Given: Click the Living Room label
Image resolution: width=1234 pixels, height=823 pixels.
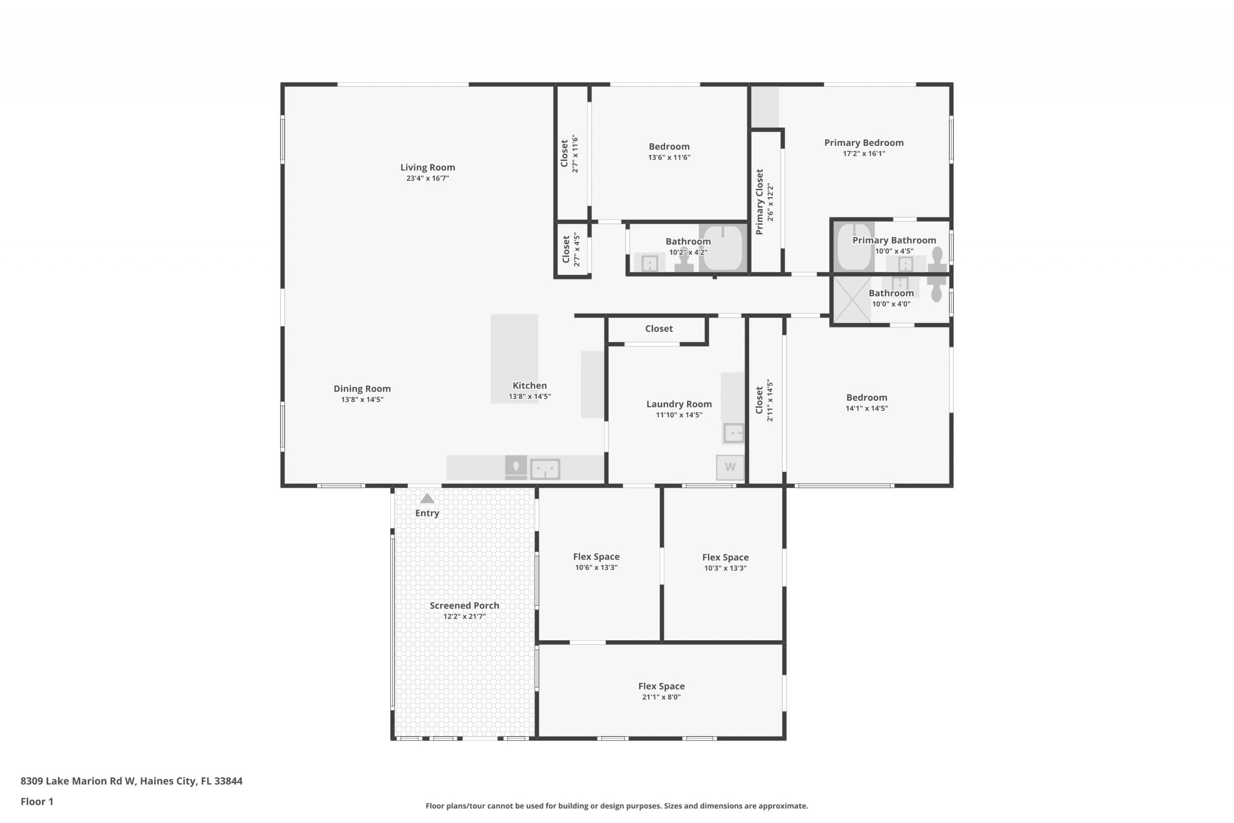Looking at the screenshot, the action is coord(428,167).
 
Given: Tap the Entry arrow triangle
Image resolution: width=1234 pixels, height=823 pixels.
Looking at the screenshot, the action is coord(427,498).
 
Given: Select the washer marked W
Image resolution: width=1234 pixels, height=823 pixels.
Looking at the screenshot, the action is coord(730,467).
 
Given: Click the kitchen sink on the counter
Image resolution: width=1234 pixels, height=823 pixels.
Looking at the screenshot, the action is coord(545,469).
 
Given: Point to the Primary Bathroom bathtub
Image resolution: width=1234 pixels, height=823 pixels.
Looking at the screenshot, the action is coord(855,246).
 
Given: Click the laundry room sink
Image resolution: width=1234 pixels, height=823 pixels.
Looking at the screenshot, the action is coord(734,433).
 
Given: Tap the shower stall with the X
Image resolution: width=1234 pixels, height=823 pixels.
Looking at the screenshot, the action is coord(852,299).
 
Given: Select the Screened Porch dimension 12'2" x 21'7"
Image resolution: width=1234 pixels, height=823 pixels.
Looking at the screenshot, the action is coord(464,616).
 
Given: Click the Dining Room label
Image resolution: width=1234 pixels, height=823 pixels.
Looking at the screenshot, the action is coord(362,389).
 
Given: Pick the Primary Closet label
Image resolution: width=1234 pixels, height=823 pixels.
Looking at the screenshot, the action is coord(759,202).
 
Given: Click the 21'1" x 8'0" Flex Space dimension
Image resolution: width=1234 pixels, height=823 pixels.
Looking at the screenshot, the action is coord(661,697).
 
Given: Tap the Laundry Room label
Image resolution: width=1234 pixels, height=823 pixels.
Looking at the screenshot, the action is coord(679,404).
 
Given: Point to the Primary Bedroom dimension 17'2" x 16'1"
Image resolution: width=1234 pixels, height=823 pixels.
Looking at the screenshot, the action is coord(864,154).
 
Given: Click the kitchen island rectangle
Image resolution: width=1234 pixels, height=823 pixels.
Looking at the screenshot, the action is coord(514,359).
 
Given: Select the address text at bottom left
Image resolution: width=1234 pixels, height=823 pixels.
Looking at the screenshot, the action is coord(131,781).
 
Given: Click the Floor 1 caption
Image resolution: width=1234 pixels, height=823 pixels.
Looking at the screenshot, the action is coord(37,801).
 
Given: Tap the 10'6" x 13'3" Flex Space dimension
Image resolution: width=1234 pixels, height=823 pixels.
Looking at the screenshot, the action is coord(596,567).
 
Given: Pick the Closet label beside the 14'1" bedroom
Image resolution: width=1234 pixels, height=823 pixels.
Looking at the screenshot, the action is coord(759,400).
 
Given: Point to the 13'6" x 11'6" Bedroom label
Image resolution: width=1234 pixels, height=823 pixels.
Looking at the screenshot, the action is coord(669,147).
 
